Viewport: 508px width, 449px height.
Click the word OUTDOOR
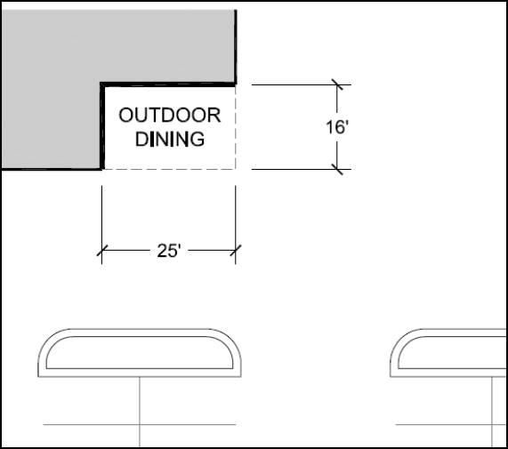coord(170,116)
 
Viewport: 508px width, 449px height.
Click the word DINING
coord(170,140)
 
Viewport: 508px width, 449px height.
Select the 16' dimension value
coord(337,127)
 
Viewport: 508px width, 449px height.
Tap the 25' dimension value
coord(168,251)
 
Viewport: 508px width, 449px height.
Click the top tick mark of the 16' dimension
coord(337,84)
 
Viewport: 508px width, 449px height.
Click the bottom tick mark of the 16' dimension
coord(337,169)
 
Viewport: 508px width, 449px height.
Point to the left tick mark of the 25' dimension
coord(102,250)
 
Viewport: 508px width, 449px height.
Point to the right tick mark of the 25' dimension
coord(236,250)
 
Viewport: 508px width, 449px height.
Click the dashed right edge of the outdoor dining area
coord(236,127)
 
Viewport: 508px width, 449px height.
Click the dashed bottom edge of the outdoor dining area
coord(169,169)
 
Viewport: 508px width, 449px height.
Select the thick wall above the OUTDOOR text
coord(168,84)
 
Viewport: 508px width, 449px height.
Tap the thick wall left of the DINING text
coord(102,127)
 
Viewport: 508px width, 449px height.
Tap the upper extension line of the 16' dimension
coord(302,84)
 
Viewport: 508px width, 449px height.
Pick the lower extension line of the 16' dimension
coord(302,169)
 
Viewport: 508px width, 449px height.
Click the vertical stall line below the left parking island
coord(140,412)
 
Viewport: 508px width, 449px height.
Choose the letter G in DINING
coord(198,140)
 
